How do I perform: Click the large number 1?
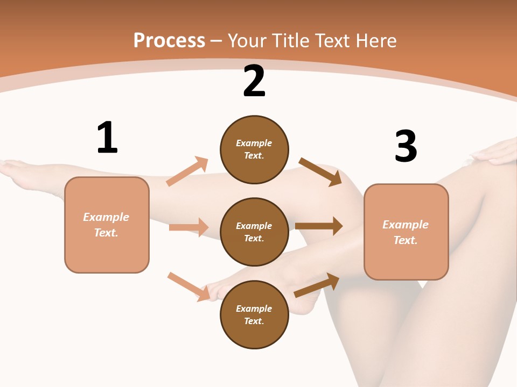pos(107,138)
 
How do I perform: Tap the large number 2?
pos(254,82)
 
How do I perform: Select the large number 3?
pos(406,146)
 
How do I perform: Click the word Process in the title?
pos(169,41)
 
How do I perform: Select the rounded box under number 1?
pos(107,225)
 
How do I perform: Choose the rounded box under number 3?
pos(406,232)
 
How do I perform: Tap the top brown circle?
pos(254,149)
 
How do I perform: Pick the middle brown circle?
pos(254,232)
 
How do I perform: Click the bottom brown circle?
pos(254,314)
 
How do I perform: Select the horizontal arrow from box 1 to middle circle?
pos(188,227)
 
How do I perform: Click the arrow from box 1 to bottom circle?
pos(189,286)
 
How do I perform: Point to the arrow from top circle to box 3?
pos(320,171)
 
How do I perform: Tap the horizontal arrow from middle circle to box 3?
pos(319,226)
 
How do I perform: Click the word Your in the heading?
pos(246,41)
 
